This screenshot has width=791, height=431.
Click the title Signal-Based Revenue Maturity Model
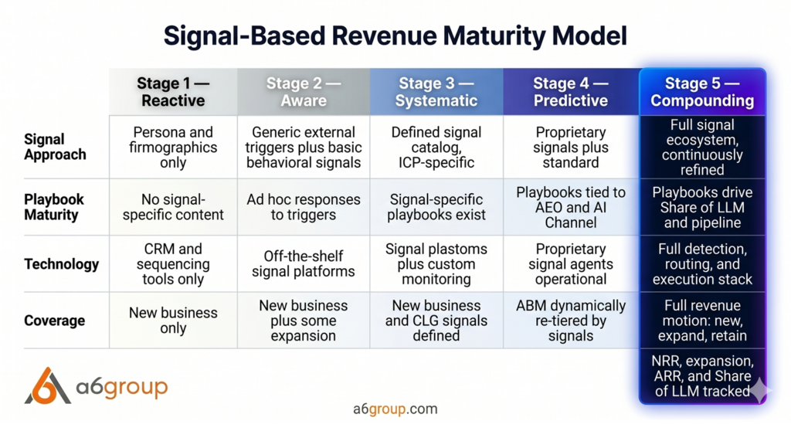(395, 36)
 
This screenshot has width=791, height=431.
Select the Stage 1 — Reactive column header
(173, 92)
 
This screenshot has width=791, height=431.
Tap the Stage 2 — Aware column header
(303, 92)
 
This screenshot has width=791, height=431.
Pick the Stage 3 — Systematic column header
(436, 92)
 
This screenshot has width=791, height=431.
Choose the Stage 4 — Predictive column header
(571, 92)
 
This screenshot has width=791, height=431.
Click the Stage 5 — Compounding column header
(702, 92)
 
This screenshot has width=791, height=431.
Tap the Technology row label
(62, 264)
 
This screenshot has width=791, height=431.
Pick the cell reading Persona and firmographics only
(173, 147)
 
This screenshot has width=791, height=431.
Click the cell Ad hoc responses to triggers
(303, 207)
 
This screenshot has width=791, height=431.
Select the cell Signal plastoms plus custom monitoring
(436, 264)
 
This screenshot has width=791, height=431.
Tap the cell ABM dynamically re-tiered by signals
(571, 321)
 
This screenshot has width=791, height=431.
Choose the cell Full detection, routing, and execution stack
(702, 264)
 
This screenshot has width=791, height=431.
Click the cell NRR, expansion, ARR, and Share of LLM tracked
(702, 376)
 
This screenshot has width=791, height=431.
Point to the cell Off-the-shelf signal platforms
(303, 264)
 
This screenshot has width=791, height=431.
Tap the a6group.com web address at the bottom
(395, 409)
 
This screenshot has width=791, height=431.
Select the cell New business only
(173, 321)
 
